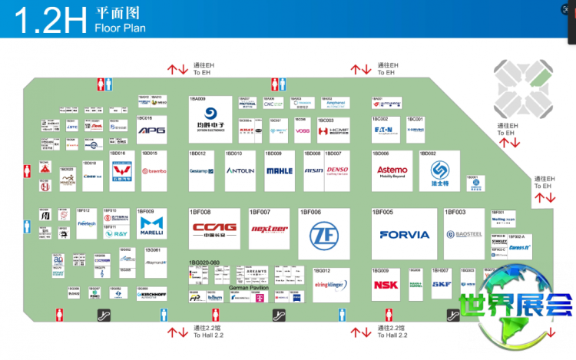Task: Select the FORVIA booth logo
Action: [x=404, y=235]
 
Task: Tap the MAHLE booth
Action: [x=280, y=170]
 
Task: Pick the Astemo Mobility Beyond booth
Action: [x=392, y=170]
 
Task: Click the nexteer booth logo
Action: [x=270, y=228]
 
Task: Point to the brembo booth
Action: [x=155, y=170]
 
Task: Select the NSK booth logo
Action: [x=386, y=285]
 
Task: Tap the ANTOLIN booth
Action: [x=240, y=170]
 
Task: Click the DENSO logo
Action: [x=337, y=170]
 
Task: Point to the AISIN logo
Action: [x=313, y=170]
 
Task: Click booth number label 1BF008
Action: [x=200, y=212]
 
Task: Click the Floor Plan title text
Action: [x=120, y=29]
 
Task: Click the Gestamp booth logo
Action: [x=202, y=170]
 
